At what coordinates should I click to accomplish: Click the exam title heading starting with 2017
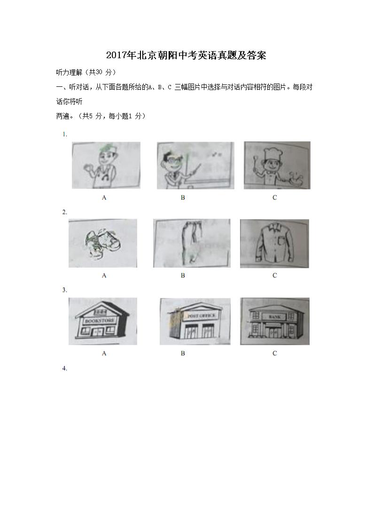point(186,55)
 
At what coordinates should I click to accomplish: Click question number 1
point(64,134)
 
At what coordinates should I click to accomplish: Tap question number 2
point(64,212)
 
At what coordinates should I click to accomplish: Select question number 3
point(64,290)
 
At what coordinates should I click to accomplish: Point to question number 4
point(64,368)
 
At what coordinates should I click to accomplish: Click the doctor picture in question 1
point(106,165)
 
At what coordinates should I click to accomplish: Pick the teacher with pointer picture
point(195,165)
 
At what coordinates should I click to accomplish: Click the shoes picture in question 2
point(102,244)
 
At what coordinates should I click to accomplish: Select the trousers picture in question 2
point(192,244)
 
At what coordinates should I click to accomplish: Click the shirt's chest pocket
point(281,240)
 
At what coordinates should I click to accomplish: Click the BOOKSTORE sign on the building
point(100,321)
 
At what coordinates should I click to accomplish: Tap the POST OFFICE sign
point(201,316)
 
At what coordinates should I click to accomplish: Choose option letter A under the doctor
point(104,198)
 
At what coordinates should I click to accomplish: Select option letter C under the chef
point(274,198)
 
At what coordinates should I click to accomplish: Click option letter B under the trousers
point(183,275)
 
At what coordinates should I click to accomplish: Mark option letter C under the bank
point(274,353)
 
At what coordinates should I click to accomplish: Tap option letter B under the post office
point(183,353)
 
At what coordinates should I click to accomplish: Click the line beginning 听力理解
point(86,72)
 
